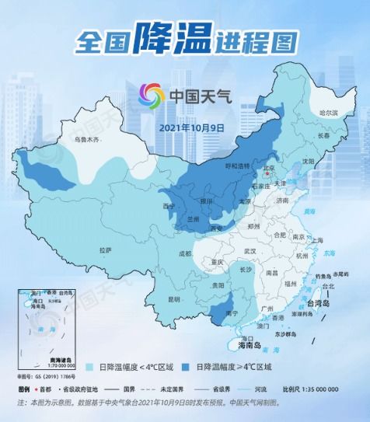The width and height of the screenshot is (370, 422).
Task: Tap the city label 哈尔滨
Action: [330, 113]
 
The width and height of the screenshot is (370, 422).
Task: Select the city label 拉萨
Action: [105, 249]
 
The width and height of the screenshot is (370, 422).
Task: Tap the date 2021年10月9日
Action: [191, 127]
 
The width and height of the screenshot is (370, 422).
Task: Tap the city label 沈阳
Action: [309, 161]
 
